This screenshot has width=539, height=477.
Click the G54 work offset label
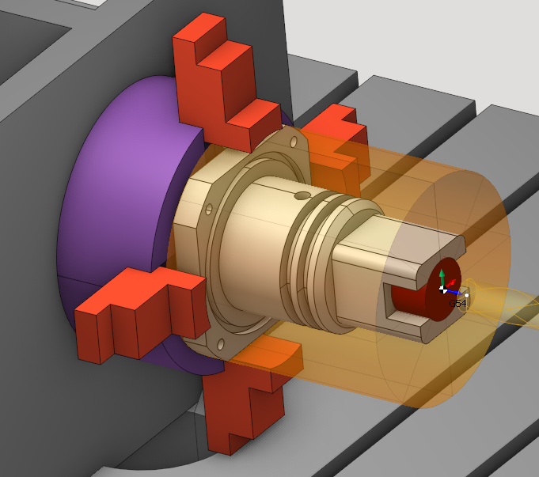coord(458,303)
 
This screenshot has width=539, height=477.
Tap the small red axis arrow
coord(451,284)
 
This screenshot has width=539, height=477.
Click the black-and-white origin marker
coord(443,290)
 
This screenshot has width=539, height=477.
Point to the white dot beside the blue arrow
coord(466,295)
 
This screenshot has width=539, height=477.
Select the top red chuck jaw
coord(226,82)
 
